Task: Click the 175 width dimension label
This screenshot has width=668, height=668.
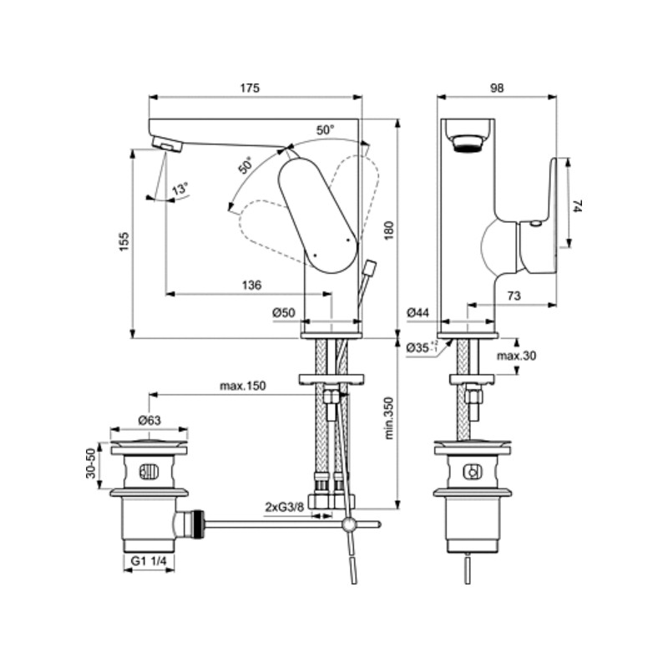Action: point(249,88)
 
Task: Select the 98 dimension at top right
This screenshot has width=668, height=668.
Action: point(497,88)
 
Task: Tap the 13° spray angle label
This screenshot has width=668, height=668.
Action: point(180,189)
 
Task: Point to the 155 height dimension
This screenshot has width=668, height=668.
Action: point(124,241)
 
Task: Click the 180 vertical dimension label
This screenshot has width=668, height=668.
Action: point(389,230)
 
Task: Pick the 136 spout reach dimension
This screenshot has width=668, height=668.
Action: point(251,285)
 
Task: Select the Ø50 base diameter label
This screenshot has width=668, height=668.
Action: point(284,312)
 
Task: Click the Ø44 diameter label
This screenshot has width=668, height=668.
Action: point(417,312)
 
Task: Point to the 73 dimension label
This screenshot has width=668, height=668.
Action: point(514,296)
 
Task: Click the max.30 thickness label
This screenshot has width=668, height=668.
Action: point(516,356)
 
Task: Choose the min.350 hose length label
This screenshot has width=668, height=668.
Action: point(389,418)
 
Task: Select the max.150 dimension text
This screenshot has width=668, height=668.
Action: point(242,386)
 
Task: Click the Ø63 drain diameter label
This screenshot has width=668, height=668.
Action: point(149,421)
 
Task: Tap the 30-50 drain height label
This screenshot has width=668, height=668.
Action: point(91,463)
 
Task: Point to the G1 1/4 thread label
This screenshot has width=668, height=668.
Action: point(149,561)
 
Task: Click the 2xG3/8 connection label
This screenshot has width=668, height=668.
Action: point(285,507)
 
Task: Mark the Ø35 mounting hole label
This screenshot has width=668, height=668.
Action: point(422,347)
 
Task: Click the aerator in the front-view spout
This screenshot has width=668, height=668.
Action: point(468,143)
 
